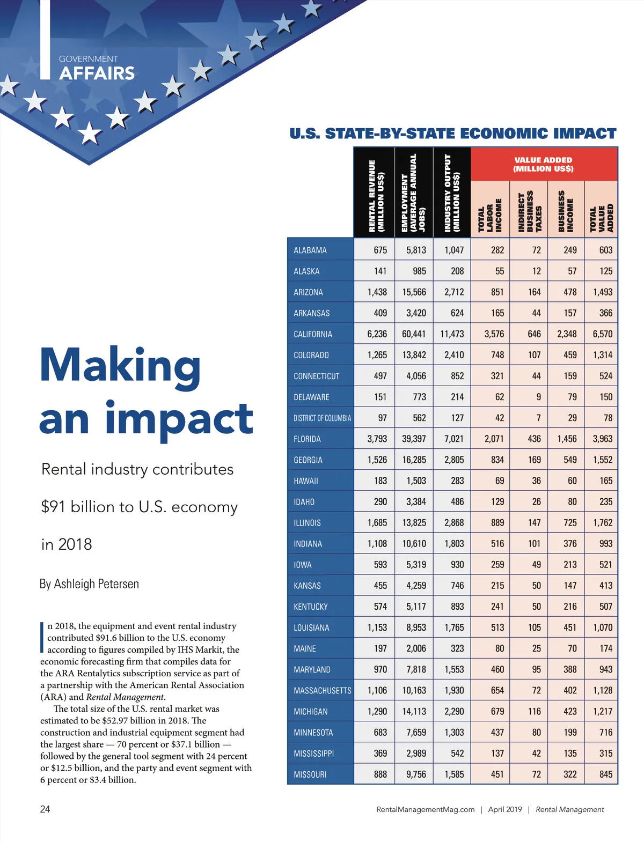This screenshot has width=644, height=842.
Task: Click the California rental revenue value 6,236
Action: [x=377, y=334]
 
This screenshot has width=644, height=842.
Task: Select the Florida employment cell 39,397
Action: [x=414, y=439]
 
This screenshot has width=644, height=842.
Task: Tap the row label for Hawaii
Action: [x=306, y=481]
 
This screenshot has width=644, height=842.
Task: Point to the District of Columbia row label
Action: [x=322, y=418]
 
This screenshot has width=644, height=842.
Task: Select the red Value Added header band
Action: [x=543, y=164]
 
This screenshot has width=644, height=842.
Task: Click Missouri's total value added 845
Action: [x=605, y=774]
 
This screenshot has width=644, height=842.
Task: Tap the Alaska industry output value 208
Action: [x=457, y=271]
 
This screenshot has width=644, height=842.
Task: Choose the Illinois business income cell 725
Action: [x=570, y=522]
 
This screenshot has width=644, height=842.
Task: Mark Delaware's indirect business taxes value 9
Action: [x=538, y=397]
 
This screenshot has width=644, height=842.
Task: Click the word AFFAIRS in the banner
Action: [x=97, y=73]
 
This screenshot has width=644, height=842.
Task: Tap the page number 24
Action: [x=45, y=809]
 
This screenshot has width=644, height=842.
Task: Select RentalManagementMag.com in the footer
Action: [x=425, y=809]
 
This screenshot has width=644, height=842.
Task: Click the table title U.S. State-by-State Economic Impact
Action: [x=452, y=134]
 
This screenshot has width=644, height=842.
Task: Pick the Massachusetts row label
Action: [x=322, y=691]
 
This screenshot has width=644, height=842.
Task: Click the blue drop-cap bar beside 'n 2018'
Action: [x=42, y=637]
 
